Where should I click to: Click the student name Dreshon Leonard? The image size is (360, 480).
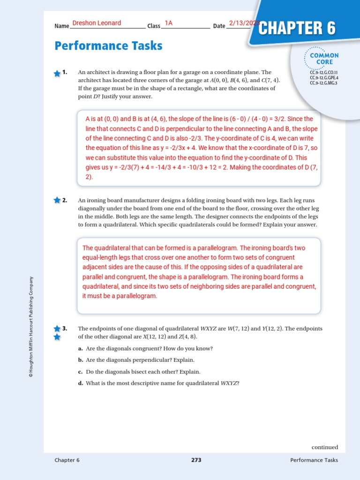pos(97,23)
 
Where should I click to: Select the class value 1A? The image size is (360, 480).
pos(169,23)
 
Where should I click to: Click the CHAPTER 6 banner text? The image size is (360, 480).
pos(297,28)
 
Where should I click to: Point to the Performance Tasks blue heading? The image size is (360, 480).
pos(108,45)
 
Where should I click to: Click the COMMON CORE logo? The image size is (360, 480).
pos(321,58)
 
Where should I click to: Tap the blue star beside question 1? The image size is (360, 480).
pos(57,73)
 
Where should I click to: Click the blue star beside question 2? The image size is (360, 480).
pos(57,201)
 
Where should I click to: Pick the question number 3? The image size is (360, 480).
pos(65,329)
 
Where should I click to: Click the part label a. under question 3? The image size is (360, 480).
pos(81,349)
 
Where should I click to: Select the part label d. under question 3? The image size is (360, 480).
pos(81,383)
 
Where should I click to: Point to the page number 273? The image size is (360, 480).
pos(196,460)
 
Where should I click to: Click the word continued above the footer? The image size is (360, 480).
pos(325,447)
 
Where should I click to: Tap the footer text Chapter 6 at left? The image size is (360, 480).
pos(67,460)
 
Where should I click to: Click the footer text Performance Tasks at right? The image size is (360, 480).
pos(314,460)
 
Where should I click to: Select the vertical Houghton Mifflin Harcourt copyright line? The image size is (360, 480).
pos(31,327)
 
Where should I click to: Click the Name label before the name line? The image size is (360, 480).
pos(62,26)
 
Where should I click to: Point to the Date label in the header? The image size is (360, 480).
pos(219,26)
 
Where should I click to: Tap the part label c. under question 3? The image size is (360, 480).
pos(81,372)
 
